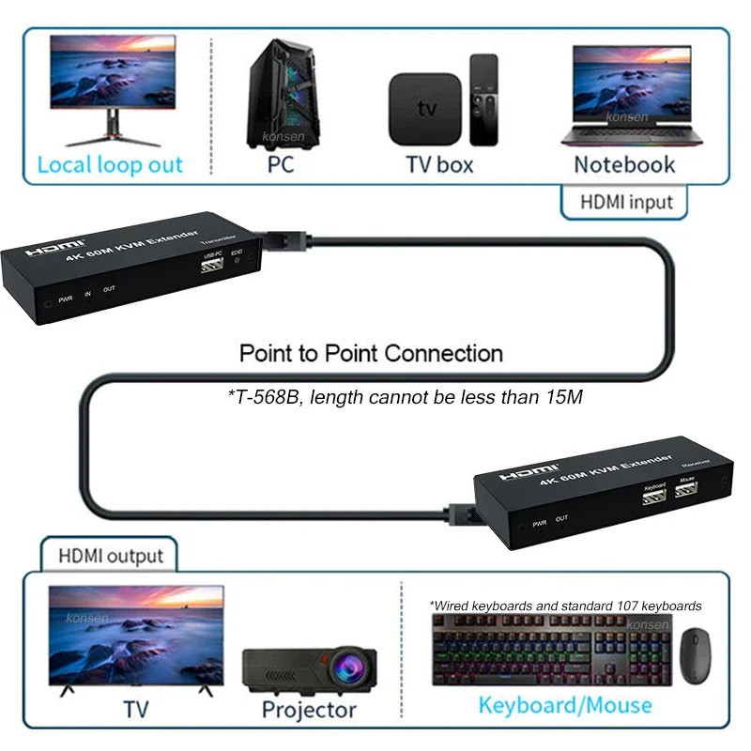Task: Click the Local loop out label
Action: (x=110, y=166)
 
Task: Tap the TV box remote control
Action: (x=483, y=99)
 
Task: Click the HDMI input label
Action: (x=626, y=201)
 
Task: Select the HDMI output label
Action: (x=111, y=555)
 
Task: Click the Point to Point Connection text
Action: (x=371, y=354)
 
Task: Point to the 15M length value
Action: (x=565, y=397)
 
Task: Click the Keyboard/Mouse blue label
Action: (x=564, y=705)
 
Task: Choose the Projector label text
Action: (x=309, y=710)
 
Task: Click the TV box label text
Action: (x=439, y=165)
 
